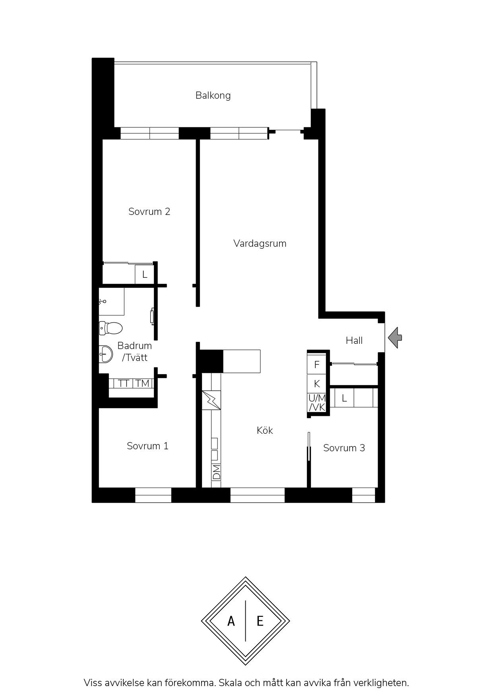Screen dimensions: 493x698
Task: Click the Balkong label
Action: pyautogui.click(x=213, y=96)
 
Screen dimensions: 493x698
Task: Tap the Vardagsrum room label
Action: pyautogui.click(x=260, y=244)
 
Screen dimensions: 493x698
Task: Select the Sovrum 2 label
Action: pyautogui.click(x=149, y=212)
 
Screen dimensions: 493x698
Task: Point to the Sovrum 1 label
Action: pyautogui.click(x=148, y=446)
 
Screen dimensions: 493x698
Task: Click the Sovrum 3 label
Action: pyautogui.click(x=344, y=448)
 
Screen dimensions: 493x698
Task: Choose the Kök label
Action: pyautogui.click(x=265, y=431)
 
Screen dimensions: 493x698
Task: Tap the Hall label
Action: pyautogui.click(x=354, y=341)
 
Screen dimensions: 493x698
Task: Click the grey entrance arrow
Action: pyautogui.click(x=395, y=338)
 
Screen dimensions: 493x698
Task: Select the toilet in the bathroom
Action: pyautogui.click(x=111, y=328)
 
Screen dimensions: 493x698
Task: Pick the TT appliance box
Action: pyautogui.click(x=124, y=384)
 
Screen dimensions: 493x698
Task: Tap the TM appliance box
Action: pyautogui.click(x=142, y=384)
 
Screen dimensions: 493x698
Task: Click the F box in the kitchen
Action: pyautogui.click(x=317, y=365)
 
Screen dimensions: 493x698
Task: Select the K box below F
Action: pyautogui.click(x=317, y=384)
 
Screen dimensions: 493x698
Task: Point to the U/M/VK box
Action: pyautogui.click(x=317, y=403)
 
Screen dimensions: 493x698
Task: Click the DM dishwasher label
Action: pyautogui.click(x=216, y=472)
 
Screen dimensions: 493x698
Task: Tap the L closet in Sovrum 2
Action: pyautogui.click(x=145, y=275)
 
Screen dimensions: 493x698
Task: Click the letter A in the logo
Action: pyautogui.click(x=231, y=621)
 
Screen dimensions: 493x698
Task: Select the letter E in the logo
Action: pyautogui.click(x=260, y=621)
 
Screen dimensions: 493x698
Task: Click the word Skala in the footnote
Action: pyautogui.click(x=231, y=683)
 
